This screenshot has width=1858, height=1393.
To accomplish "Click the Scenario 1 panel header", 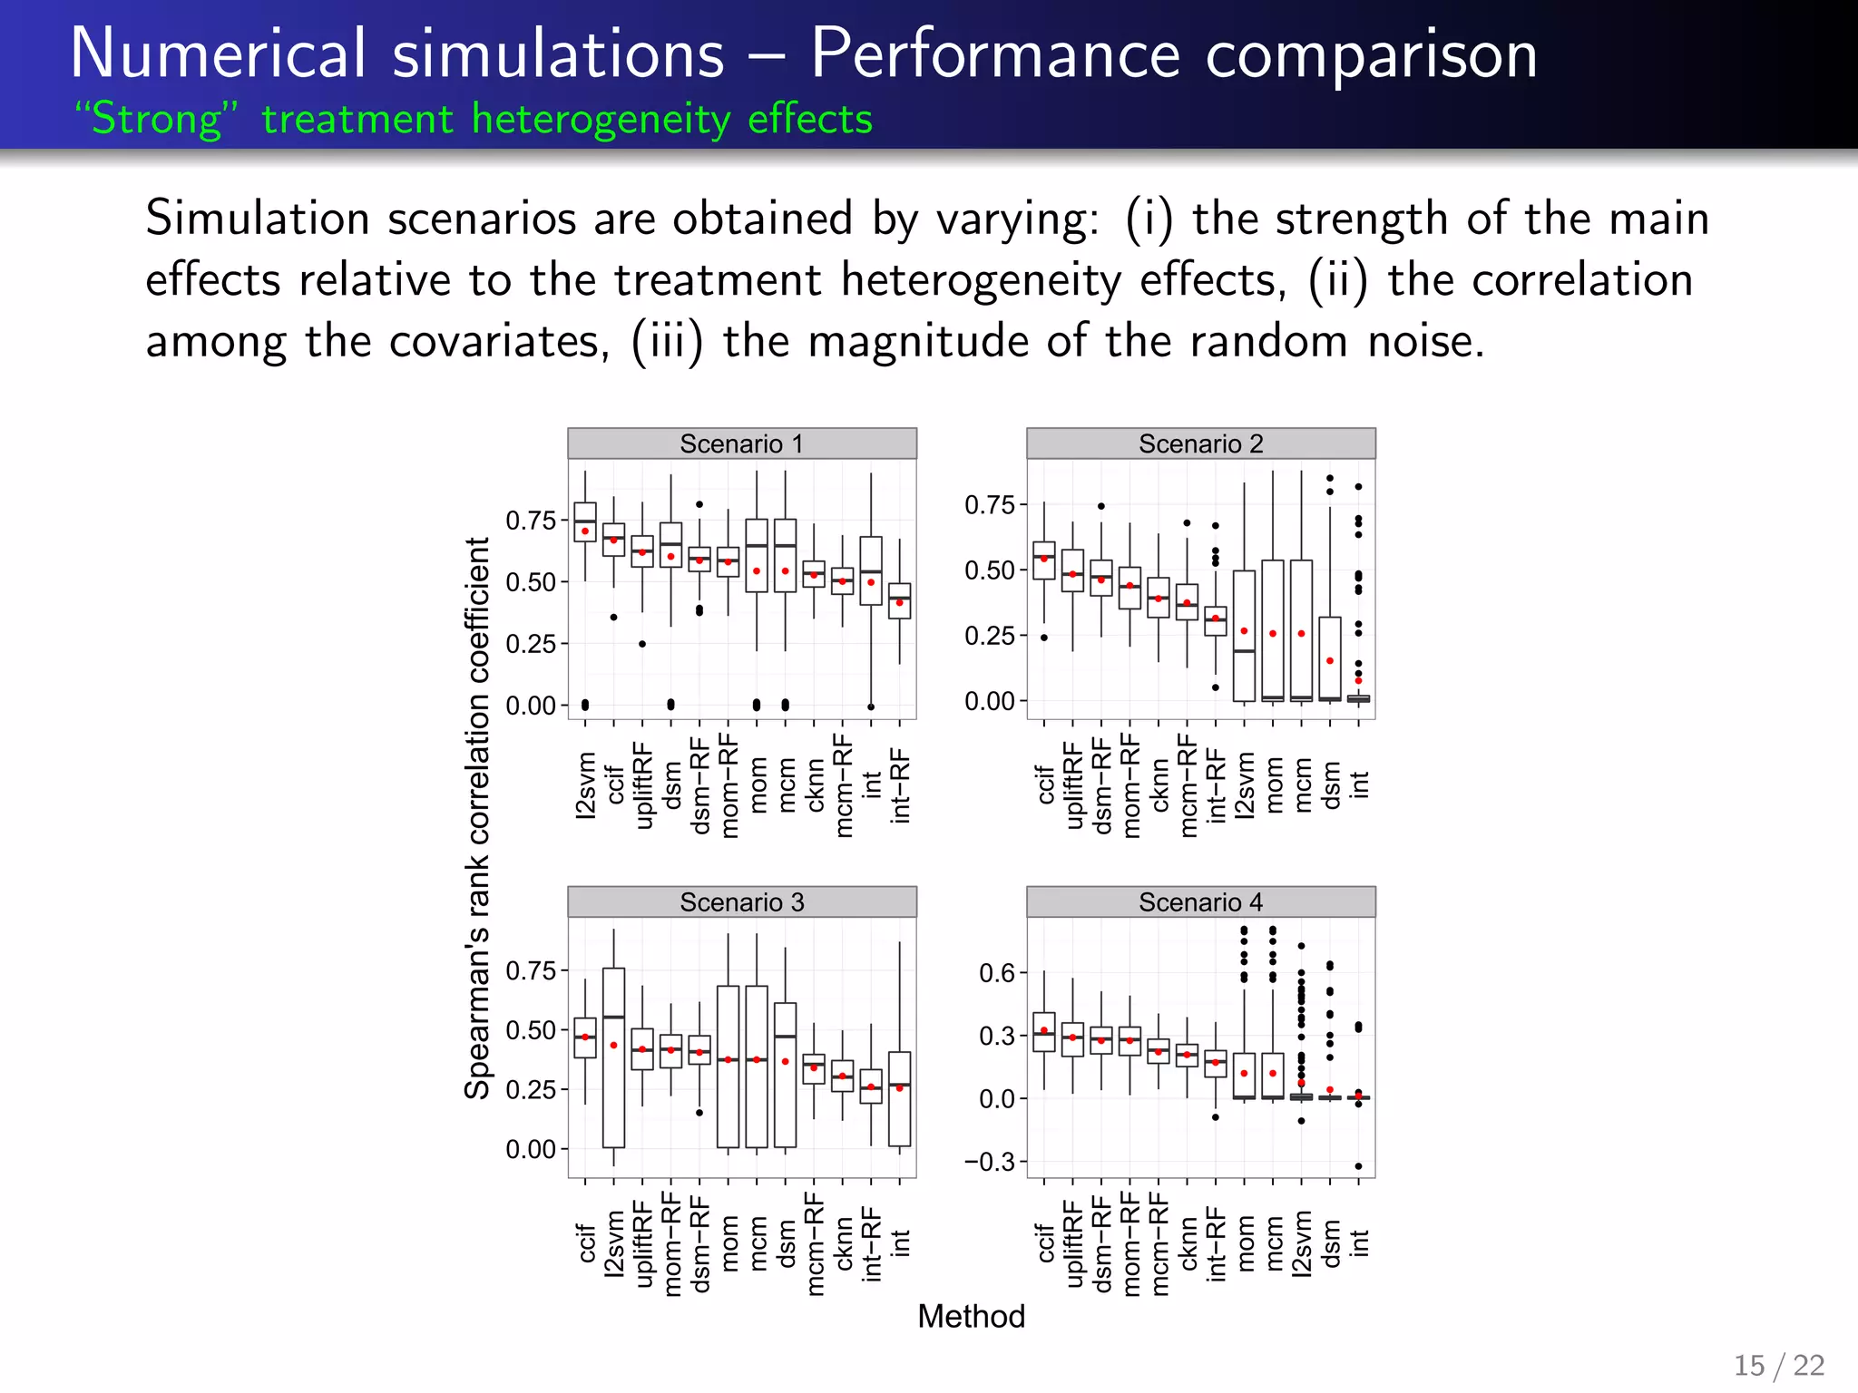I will (x=741, y=443).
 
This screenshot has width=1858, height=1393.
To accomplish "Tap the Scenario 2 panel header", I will (x=1200, y=443).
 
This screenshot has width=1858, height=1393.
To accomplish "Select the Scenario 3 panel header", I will (x=741, y=902).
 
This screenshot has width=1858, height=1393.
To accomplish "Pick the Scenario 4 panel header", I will (x=1200, y=902).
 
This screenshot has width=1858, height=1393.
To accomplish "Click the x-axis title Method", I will (x=971, y=1316).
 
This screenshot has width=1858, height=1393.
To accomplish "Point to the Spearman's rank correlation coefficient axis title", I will (x=477, y=816).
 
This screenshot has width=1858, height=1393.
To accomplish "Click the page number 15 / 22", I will (x=1779, y=1365).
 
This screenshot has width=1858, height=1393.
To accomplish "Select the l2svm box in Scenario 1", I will (x=585, y=522).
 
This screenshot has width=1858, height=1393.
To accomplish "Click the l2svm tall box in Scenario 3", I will (x=614, y=1057).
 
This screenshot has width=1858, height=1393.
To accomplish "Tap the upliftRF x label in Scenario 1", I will (x=642, y=784).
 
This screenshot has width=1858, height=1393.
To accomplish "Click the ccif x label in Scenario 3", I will (x=586, y=1243).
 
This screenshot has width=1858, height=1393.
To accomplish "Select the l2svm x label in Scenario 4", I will (x=1301, y=1243).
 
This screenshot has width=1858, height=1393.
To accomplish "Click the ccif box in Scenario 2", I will (x=1044, y=560).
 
